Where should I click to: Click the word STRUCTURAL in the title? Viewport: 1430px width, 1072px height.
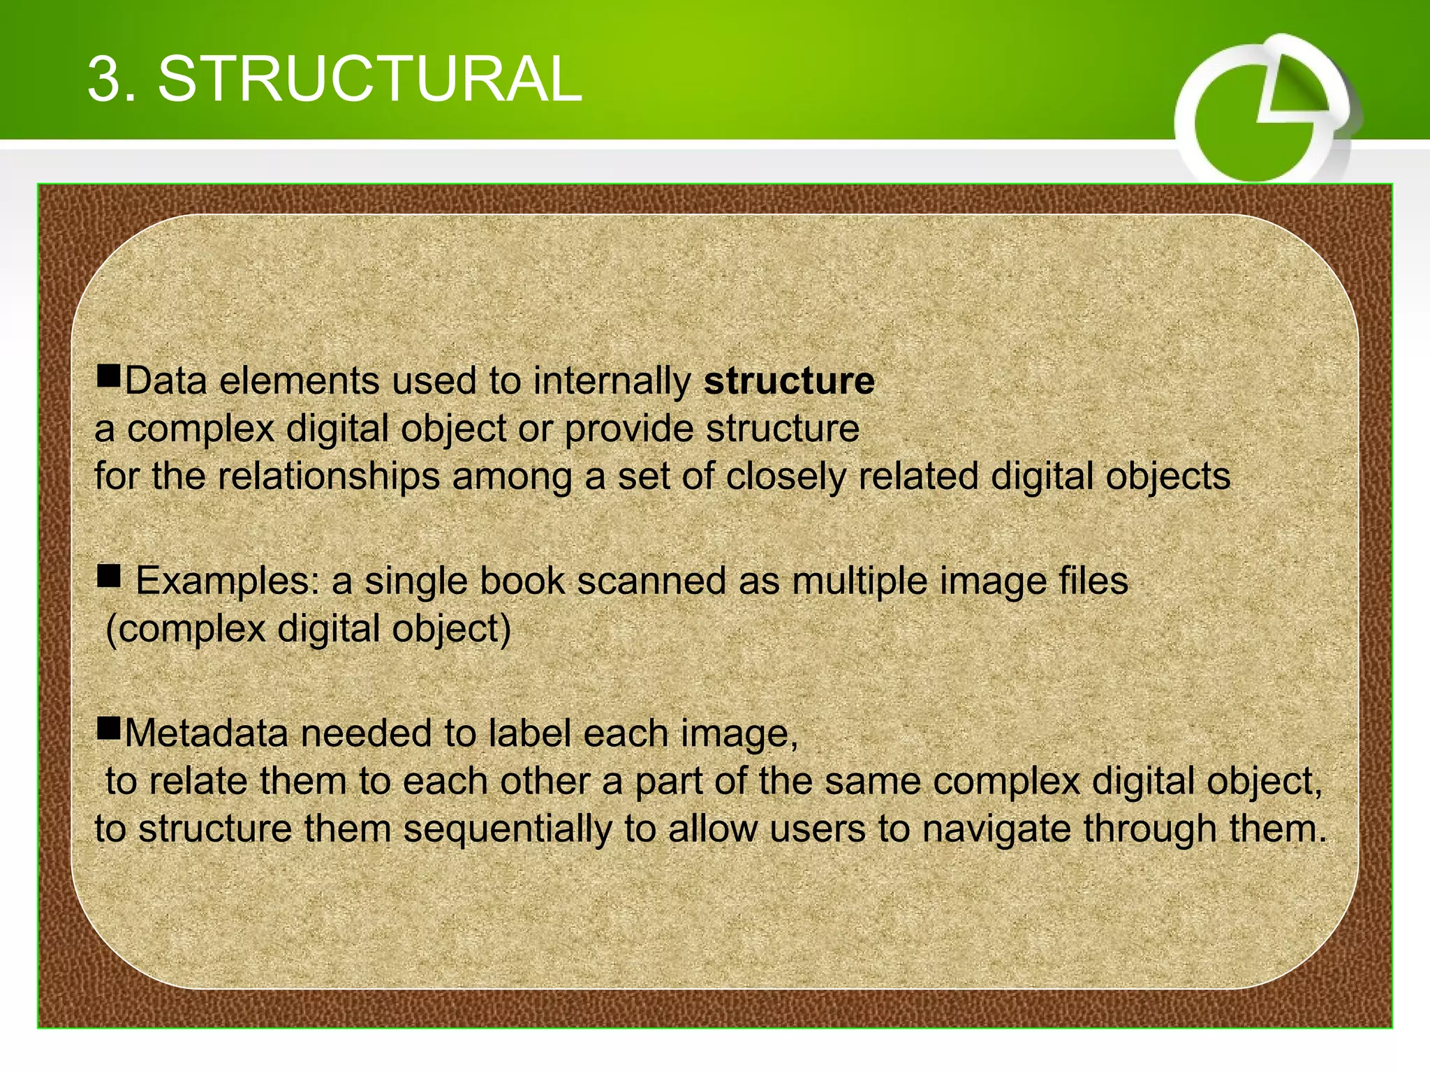coord(370,79)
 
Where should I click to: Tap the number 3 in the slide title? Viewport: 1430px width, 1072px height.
coord(103,79)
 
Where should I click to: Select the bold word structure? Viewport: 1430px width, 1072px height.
coord(789,381)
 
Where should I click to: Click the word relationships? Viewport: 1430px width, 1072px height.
coord(328,477)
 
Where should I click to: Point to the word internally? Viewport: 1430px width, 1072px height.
coord(612,381)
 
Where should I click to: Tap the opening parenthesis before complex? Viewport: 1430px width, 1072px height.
coord(110,629)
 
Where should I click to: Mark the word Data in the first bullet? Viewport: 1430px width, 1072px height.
coord(165,381)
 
